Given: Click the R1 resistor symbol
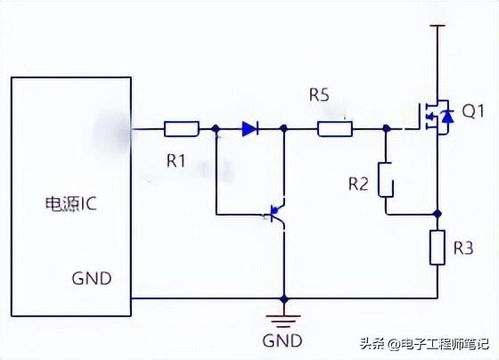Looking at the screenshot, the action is [x=182, y=129].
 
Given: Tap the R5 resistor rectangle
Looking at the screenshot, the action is [x=335, y=129].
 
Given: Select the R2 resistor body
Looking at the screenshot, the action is [x=386, y=180].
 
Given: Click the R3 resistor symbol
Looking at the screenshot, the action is [x=438, y=248].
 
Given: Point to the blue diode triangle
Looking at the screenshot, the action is [x=250, y=128].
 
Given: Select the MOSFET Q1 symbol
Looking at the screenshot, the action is [x=436, y=117].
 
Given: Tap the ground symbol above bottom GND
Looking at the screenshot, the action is [x=283, y=321].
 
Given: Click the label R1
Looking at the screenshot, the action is [x=176, y=160].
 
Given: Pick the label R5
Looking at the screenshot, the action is [x=319, y=94].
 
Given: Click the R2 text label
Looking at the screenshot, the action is [x=358, y=184].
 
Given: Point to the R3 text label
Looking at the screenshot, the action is [x=463, y=248].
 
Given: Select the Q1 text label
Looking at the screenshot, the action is [x=473, y=111].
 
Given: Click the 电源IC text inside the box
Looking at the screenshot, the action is [x=70, y=204].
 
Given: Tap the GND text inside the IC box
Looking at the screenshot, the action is [x=92, y=279].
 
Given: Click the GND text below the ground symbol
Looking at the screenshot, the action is [x=282, y=340].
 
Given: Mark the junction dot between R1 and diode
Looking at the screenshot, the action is [x=216, y=129].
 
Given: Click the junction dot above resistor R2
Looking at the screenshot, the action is [x=387, y=128].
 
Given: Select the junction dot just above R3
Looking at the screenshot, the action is [x=438, y=213].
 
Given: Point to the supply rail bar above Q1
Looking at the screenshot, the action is [x=438, y=26].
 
